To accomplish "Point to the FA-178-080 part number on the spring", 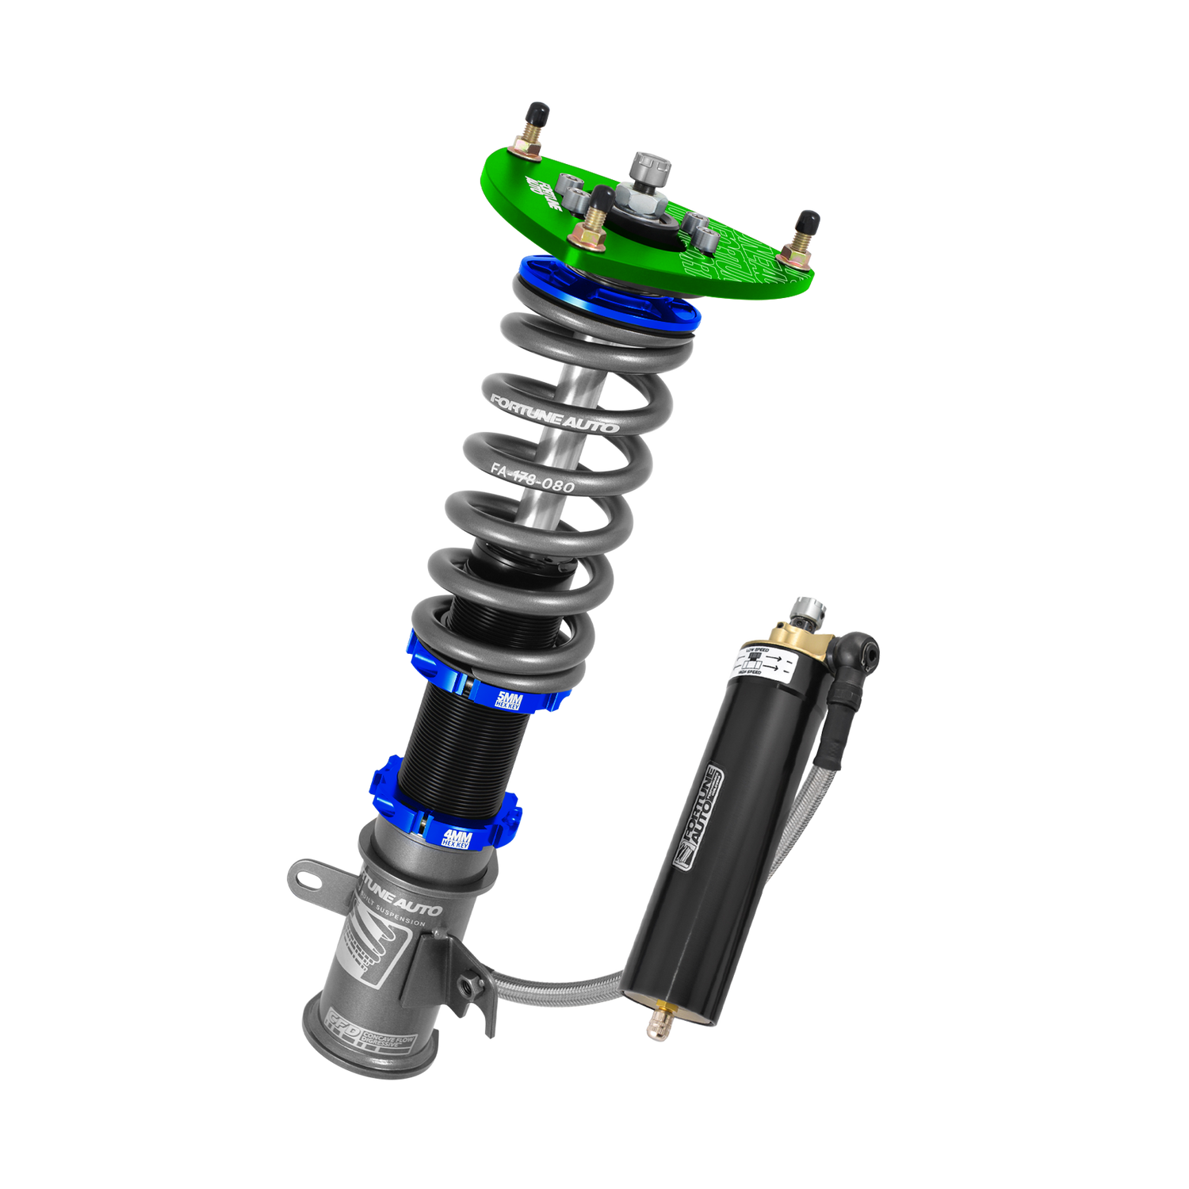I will click(x=531, y=476).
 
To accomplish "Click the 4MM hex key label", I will click(x=457, y=839).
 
